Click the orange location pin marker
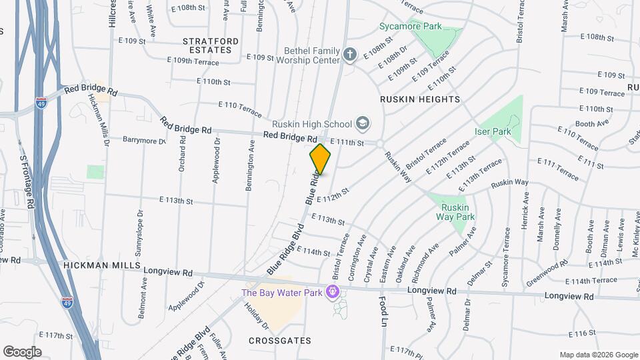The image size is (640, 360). (x=321, y=159)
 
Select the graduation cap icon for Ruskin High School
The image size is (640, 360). (x=362, y=123)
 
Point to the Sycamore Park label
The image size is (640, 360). (x=411, y=27)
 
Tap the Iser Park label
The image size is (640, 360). (x=492, y=132)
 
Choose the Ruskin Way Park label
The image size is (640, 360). (x=455, y=212)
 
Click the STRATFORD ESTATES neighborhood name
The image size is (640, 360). (x=210, y=45)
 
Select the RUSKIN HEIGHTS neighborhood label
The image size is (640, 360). (x=420, y=99)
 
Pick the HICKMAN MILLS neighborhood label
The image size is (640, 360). (x=102, y=265)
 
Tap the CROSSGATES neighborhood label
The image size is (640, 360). (x=280, y=341)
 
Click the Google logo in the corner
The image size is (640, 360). (x=22, y=351)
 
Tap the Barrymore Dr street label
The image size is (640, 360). (x=143, y=140)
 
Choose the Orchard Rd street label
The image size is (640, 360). (x=181, y=155)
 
